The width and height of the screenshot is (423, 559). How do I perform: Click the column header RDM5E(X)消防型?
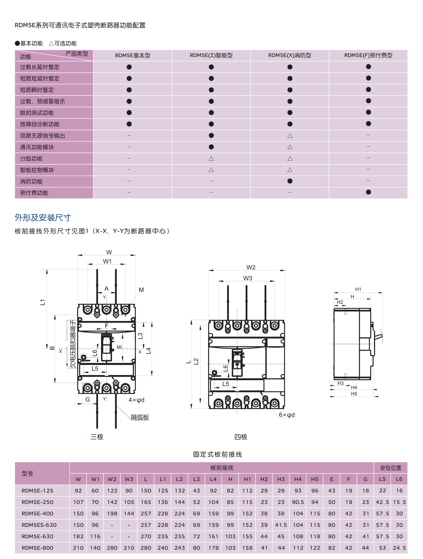coord(290,55)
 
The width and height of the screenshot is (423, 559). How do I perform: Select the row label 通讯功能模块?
coord(37,147)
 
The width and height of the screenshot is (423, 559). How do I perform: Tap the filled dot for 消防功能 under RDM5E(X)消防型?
coord(290,181)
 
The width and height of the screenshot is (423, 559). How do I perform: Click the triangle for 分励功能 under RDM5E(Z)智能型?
coord(211,158)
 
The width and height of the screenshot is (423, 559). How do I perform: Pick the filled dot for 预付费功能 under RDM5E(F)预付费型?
coord(368,192)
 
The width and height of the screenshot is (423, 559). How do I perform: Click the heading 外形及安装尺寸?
coord(43,218)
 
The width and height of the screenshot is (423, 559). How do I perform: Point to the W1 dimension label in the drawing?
coord(107,261)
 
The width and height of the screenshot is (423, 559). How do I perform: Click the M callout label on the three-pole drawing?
coord(141,290)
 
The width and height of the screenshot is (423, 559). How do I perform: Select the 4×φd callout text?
coord(136,400)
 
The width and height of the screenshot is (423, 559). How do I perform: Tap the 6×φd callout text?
coord(287,415)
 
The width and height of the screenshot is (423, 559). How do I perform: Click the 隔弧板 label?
coord(140,417)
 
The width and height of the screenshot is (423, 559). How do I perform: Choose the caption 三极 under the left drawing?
coord(97,437)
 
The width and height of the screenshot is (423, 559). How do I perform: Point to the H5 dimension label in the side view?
coord(354,394)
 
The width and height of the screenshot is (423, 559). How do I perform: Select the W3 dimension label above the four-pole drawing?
coord(248,278)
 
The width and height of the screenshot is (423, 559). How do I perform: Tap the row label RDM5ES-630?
coord(39,525)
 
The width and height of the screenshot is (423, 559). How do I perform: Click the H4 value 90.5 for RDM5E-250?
coord(298,502)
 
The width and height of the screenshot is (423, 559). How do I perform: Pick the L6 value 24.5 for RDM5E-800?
coord(399,548)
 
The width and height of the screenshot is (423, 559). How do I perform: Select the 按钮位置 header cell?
coord(391,468)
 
